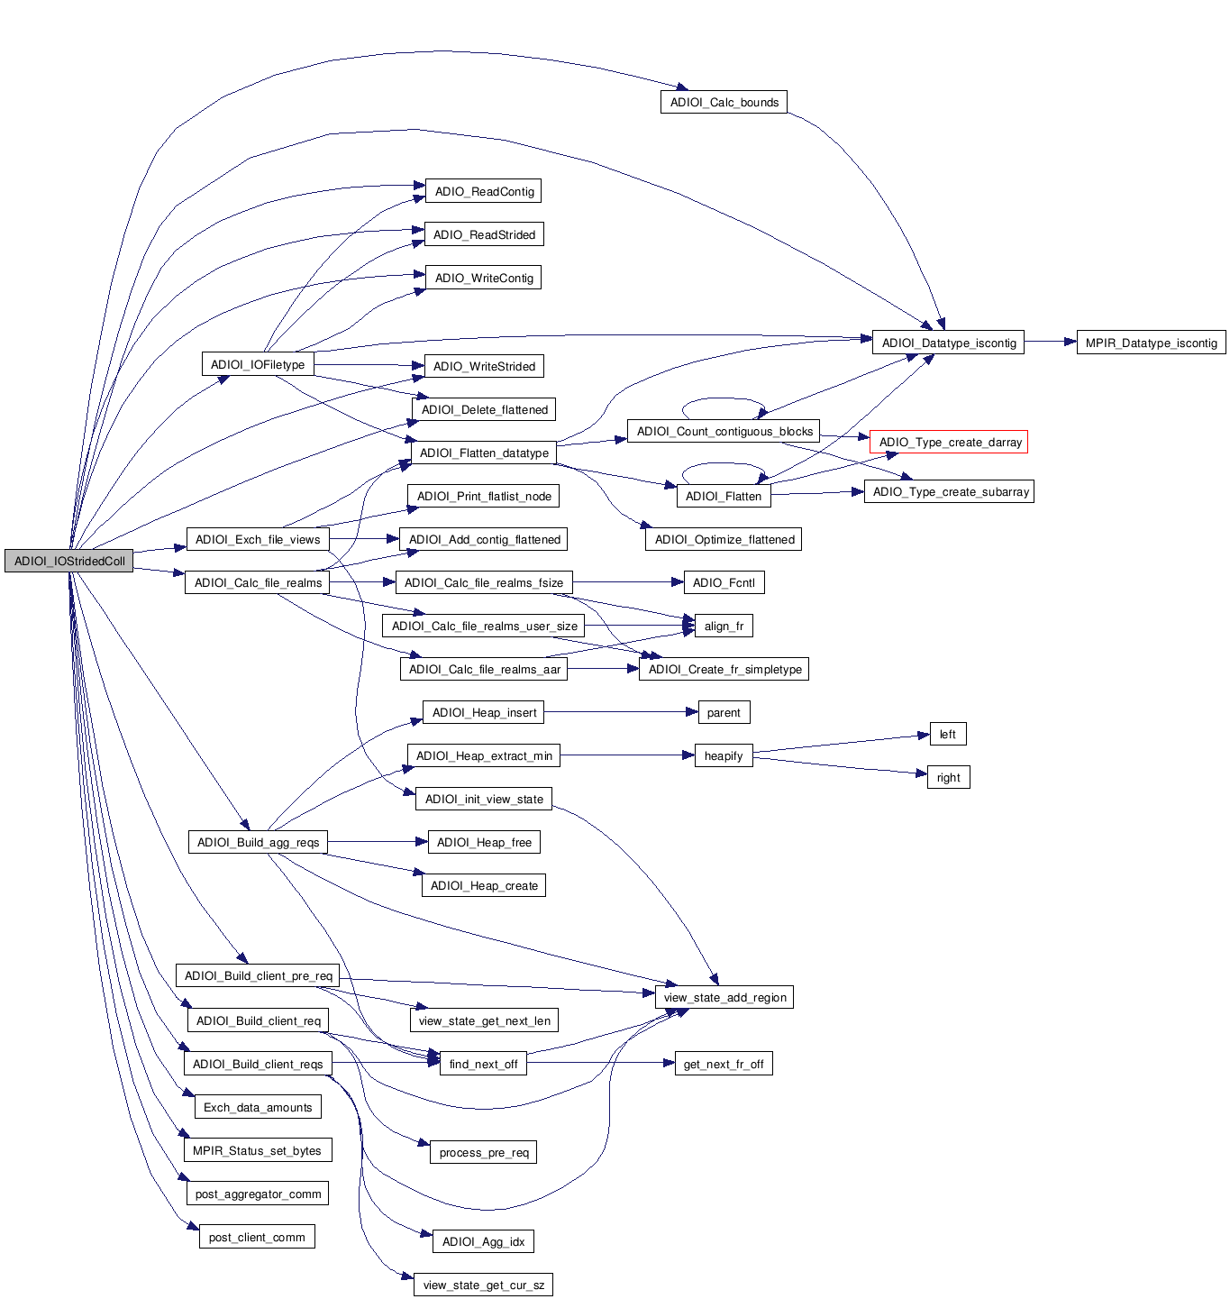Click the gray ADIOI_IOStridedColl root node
68,561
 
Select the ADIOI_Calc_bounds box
724,102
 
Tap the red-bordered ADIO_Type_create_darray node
949,442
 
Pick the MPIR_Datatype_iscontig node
1151,343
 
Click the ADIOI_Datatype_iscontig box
948,343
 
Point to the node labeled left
947,734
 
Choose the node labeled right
948,777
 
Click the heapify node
724,755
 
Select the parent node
724,712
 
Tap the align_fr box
724,626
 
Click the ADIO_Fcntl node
724,582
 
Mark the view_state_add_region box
724,997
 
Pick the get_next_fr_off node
724,1064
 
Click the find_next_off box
483,1064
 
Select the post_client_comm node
257,1237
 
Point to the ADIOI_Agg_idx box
483,1241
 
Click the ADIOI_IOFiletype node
258,364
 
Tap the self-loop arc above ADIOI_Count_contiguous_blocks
724,399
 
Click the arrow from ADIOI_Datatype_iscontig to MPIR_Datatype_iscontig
1050,343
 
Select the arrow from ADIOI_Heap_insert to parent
622,712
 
